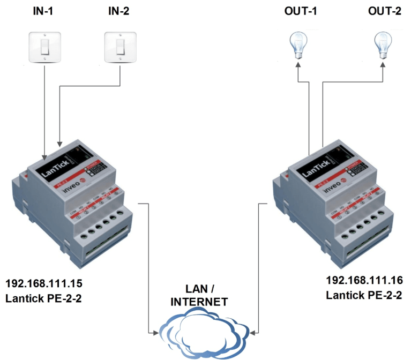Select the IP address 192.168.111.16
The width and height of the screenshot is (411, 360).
pos(364,280)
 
